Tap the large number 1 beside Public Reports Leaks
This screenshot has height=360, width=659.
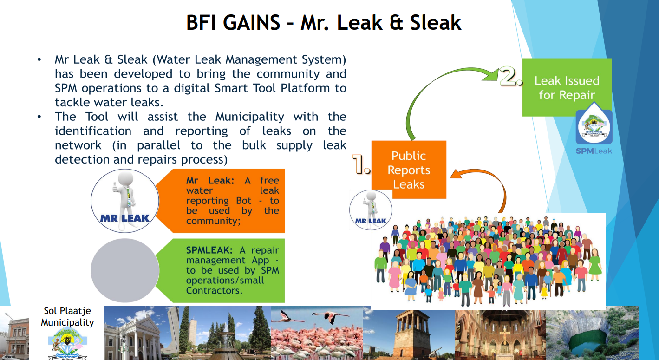tap(361, 164)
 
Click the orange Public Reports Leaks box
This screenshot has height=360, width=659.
tap(409, 170)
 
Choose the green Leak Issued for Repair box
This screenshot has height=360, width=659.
tap(567, 87)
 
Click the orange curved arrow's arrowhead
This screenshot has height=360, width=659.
tap(456, 174)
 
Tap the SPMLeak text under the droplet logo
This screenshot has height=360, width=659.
tap(594, 151)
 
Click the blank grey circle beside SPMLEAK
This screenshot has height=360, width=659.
tap(125, 270)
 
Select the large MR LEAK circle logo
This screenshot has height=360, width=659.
tap(125, 201)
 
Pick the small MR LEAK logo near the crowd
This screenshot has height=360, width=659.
tap(371, 210)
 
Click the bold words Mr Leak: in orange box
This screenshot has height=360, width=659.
tap(210, 180)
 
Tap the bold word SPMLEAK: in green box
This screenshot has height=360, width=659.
tap(209, 250)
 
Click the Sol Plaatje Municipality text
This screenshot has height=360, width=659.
tap(67, 316)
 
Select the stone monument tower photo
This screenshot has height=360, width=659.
tap(409, 335)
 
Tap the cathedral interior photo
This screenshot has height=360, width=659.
tap(500, 335)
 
